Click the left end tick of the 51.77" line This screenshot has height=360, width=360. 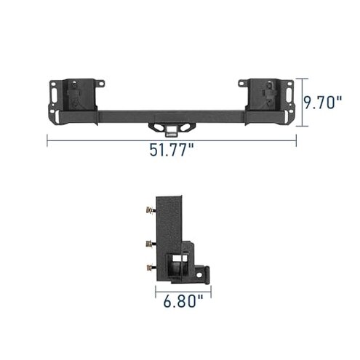(48, 140)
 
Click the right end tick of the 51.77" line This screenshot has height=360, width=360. (297, 140)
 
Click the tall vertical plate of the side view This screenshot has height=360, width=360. (172, 218)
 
